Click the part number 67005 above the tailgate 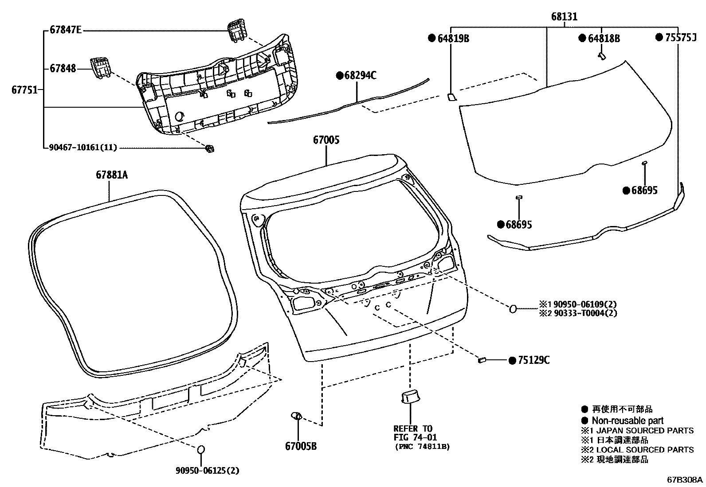(326, 140)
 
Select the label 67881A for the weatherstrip (112, 175)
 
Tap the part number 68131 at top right (564, 17)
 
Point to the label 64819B (453, 39)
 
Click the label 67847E (66, 31)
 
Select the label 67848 (63, 69)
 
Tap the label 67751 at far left (24, 90)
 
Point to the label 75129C (533, 360)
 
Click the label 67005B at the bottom (301, 446)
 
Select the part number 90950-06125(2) (207, 471)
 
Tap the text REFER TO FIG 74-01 (412, 433)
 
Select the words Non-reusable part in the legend (628, 421)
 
